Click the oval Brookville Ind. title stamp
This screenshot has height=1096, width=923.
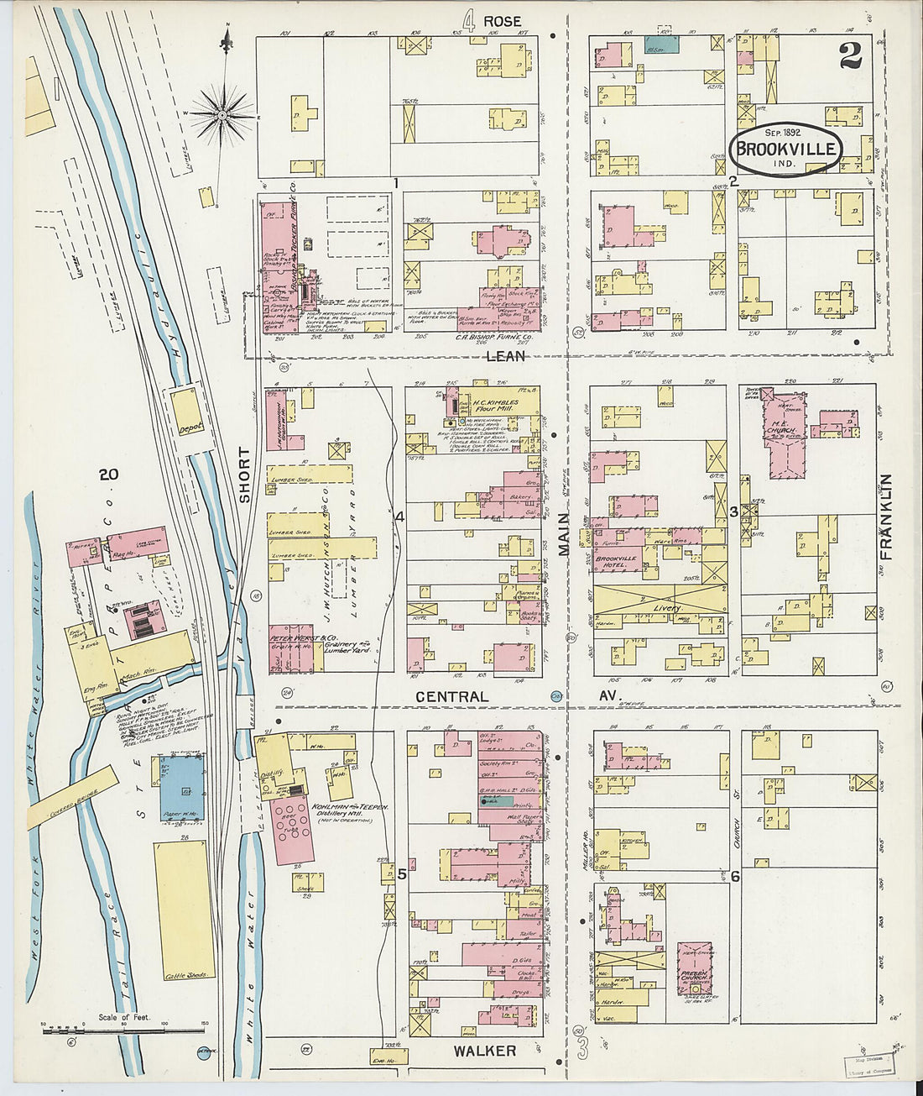(785, 149)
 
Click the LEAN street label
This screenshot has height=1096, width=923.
(505, 355)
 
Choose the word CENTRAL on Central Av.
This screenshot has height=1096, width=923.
(451, 696)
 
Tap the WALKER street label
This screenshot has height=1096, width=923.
(484, 1050)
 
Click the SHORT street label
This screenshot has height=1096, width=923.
(244, 475)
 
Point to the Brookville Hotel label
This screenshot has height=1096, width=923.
(616, 561)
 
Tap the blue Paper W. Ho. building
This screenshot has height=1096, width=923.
(181, 788)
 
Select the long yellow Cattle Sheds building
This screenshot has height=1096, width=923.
(184, 909)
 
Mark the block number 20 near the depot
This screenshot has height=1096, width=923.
(107, 475)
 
